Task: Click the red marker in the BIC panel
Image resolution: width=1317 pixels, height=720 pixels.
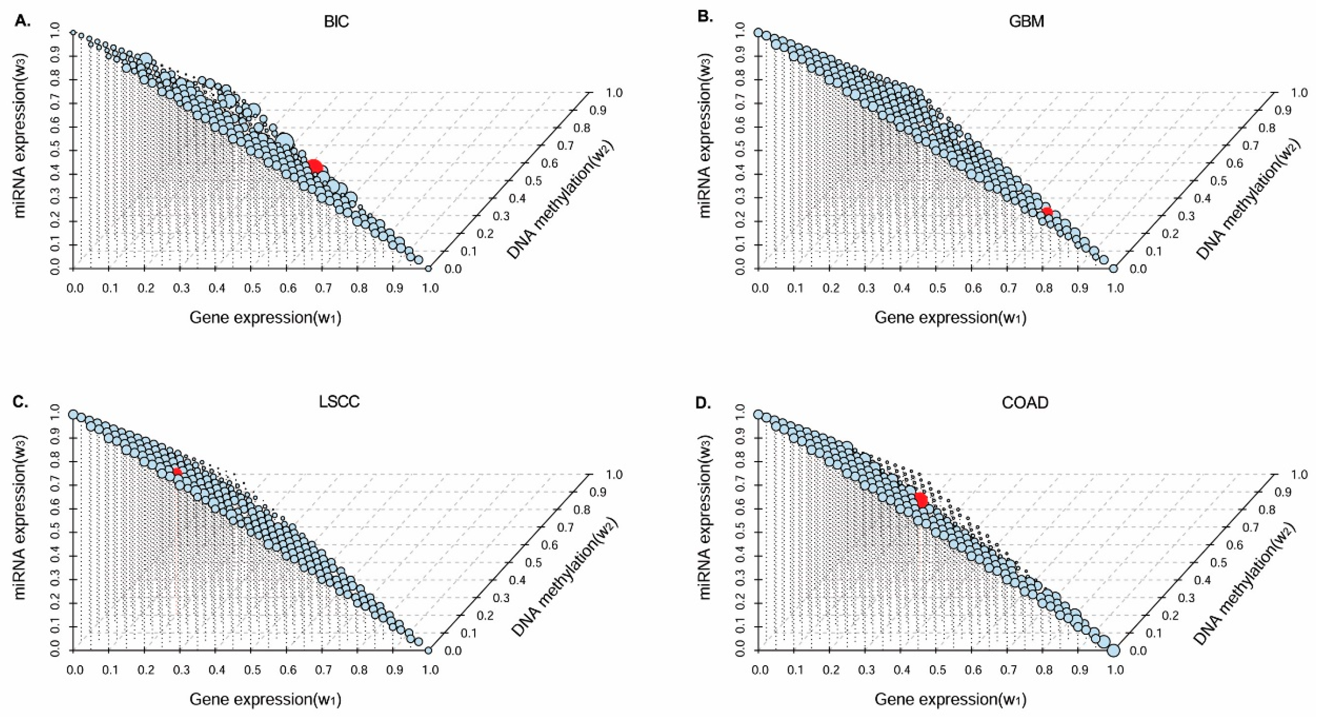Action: click(x=315, y=166)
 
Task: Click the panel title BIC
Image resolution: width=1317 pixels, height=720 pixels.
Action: click(x=336, y=22)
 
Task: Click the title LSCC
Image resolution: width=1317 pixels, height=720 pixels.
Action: click(x=339, y=402)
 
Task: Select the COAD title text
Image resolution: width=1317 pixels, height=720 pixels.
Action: click(x=1025, y=403)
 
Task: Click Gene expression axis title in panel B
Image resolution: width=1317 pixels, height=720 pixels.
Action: click(x=950, y=318)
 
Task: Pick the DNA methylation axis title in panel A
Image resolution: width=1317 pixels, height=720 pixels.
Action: click(x=560, y=199)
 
